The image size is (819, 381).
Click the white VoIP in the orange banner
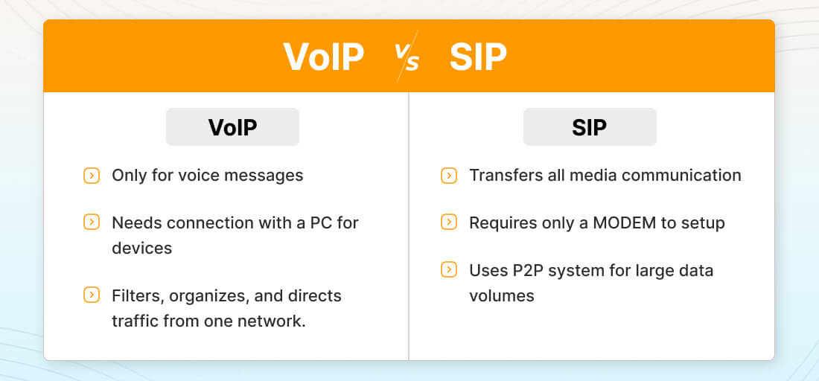click(323, 57)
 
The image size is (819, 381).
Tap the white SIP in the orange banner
click(478, 57)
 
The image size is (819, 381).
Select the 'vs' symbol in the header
click(407, 57)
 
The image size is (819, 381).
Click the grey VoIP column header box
click(232, 127)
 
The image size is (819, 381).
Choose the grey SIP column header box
click(590, 127)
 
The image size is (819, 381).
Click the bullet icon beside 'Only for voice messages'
click(92, 176)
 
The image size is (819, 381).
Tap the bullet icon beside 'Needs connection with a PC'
click(92, 222)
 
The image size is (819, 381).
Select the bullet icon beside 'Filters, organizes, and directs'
click(92, 295)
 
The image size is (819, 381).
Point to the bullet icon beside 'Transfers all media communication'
click(449, 176)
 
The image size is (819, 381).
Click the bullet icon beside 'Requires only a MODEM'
click(449, 222)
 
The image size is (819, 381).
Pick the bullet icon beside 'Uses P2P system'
click(449, 270)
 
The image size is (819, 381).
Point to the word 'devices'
click(142, 248)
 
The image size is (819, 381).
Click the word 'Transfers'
click(499, 176)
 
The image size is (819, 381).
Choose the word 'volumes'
click(501, 296)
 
